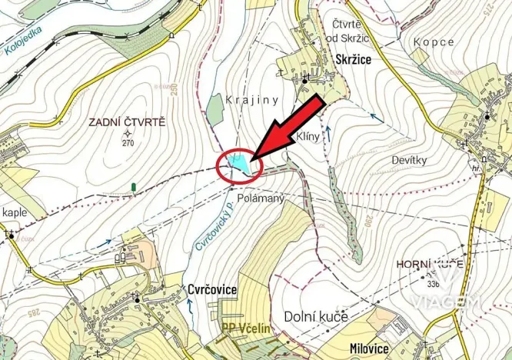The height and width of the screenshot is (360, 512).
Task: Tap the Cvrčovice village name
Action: [211, 289]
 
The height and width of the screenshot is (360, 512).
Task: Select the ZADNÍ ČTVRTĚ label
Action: [128, 122]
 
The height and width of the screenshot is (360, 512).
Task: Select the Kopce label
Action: [434, 42]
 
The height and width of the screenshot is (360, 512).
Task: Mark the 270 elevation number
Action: [128, 143]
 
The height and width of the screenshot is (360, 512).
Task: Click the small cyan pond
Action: [238, 162]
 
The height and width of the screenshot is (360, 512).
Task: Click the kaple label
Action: [15, 212]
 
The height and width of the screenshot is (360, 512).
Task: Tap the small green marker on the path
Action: [134, 186]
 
